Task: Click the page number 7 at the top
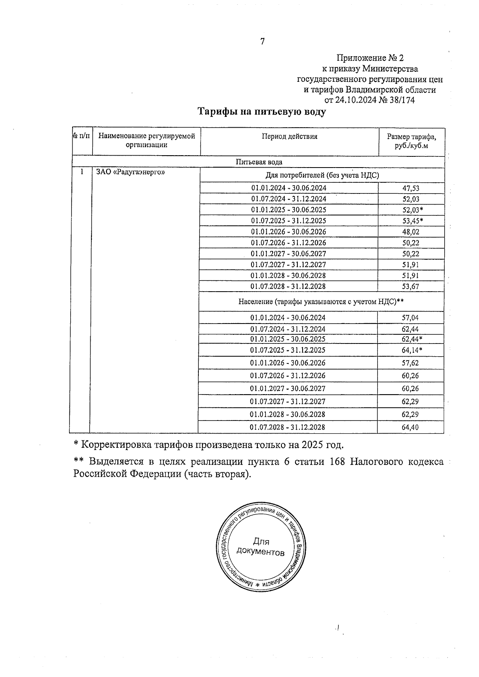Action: [x=262, y=41]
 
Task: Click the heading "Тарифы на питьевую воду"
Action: [x=262, y=112]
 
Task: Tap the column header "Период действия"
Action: [x=289, y=136]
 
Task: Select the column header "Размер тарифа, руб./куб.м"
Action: [x=411, y=141]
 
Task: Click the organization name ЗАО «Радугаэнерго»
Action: [x=131, y=172]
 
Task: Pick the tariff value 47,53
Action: [x=411, y=188]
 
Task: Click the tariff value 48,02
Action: [x=411, y=232]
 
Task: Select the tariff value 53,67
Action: [x=411, y=286]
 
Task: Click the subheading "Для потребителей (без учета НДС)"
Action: [x=322, y=175]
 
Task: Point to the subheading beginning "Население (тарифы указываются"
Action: [x=321, y=302]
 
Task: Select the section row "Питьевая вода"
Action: [x=259, y=162]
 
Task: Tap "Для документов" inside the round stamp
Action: [x=261, y=547]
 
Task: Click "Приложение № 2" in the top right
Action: [x=367, y=58]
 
